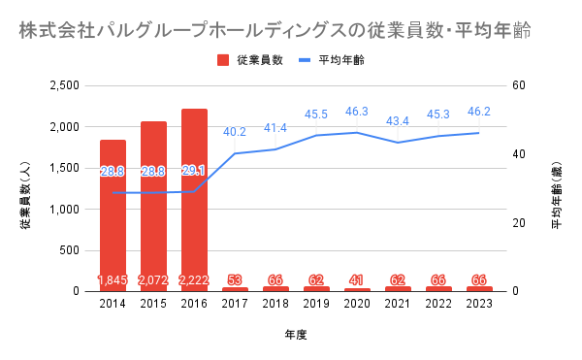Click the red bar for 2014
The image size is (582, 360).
pyautogui.click(x=113, y=215)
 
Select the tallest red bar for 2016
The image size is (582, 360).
pyautogui.click(x=194, y=200)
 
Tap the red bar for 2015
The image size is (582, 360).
pyautogui.click(x=153, y=207)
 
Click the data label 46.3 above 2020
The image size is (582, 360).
pyautogui.click(x=357, y=112)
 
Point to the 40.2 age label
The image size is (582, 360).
pyautogui.click(x=235, y=132)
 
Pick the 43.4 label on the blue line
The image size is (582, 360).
pyautogui.click(x=398, y=121)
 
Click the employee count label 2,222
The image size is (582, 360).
pyautogui.click(x=194, y=279)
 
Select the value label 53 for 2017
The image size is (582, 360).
pyautogui.click(x=235, y=279)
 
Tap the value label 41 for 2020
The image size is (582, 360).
pyautogui.click(x=357, y=279)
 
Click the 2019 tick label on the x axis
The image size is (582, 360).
pyautogui.click(x=316, y=304)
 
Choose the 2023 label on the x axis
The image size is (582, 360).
pyautogui.click(x=479, y=304)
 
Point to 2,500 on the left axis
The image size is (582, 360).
pyautogui.click(x=65, y=85)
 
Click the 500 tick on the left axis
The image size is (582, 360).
pyautogui.click(x=70, y=250)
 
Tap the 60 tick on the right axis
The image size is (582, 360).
pyautogui.click(x=519, y=85)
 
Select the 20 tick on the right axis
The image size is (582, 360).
pyautogui.click(x=519, y=223)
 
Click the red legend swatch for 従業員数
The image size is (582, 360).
pyautogui.click(x=223, y=60)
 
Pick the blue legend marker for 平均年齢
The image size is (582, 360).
pyautogui.click(x=305, y=60)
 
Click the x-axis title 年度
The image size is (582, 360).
pyautogui.click(x=296, y=335)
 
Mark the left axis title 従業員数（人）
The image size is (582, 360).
pyautogui.click(x=25, y=196)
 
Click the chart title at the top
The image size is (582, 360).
pyautogui.click(x=275, y=31)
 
